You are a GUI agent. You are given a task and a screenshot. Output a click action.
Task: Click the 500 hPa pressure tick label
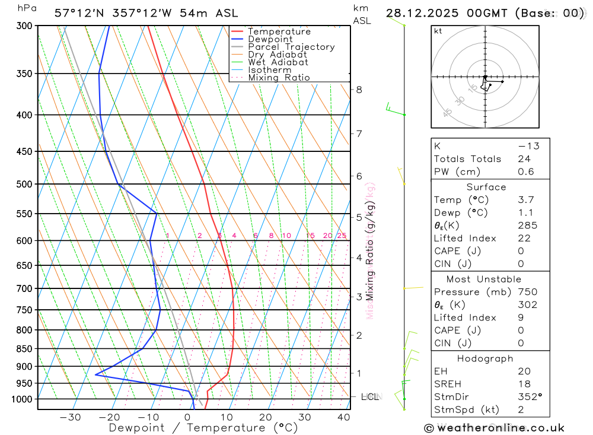(24, 184)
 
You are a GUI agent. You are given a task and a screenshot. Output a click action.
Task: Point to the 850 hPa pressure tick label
(24, 348)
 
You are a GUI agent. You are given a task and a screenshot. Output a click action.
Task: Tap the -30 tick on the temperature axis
(70, 417)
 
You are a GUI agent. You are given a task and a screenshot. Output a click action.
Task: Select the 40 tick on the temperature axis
(343, 417)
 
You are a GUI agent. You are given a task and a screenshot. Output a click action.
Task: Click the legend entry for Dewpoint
(270, 39)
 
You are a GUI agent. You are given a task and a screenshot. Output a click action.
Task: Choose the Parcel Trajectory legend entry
(291, 47)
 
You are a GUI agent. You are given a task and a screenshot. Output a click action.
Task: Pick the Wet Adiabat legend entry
(278, 62)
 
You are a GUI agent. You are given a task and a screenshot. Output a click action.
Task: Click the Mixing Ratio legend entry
(279, 78)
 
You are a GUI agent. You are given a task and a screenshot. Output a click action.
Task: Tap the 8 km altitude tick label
(359, 90)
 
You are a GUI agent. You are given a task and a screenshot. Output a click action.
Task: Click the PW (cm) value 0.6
(525, 172)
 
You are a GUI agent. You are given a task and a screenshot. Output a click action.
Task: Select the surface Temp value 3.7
(525, 200)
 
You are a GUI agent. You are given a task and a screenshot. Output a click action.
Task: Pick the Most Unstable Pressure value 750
(527, 292)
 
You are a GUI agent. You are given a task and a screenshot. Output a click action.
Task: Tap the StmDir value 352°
(529, 397)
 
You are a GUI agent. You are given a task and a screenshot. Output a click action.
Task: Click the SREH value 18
(524, 384)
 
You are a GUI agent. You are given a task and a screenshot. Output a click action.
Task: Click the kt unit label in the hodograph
(438, 31)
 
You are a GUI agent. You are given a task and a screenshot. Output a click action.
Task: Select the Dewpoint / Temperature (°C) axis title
(203, 428)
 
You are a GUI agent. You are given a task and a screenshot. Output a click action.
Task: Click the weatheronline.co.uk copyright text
(495, 428)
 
